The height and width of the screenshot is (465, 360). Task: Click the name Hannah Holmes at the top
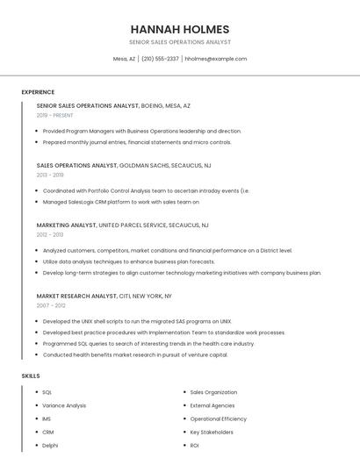coord(180,29)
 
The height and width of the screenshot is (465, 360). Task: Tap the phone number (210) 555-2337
coord(160,59)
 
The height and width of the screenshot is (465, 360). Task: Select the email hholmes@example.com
coord(216,59)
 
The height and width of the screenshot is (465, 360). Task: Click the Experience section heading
coord(38,92)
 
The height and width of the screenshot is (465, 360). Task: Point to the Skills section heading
coord(31,376)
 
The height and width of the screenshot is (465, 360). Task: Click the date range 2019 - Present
coord(55,115)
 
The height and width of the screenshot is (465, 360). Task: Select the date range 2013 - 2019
coord(50,175)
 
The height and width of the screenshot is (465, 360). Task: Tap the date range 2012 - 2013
coord(50,234)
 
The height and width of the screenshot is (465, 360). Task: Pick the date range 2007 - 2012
coord(51,305)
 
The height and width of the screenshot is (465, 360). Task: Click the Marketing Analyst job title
coord(67,225)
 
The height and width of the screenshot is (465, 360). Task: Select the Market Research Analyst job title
coord(76,296)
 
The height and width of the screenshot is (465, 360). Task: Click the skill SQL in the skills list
coord(47,392)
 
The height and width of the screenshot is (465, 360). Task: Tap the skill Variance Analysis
coord(64,405)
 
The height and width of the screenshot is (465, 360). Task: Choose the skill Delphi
coord(50,445)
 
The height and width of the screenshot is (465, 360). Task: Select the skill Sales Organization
coord(213,392)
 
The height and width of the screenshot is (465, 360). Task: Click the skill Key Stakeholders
coord(212,432)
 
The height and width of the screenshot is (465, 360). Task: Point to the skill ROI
coord(194,445)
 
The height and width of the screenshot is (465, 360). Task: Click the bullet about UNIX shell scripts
coord(137,321)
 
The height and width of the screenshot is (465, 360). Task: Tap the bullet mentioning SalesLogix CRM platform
coord(121,202)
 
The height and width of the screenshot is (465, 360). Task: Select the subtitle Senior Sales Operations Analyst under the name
coord(180,42)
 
